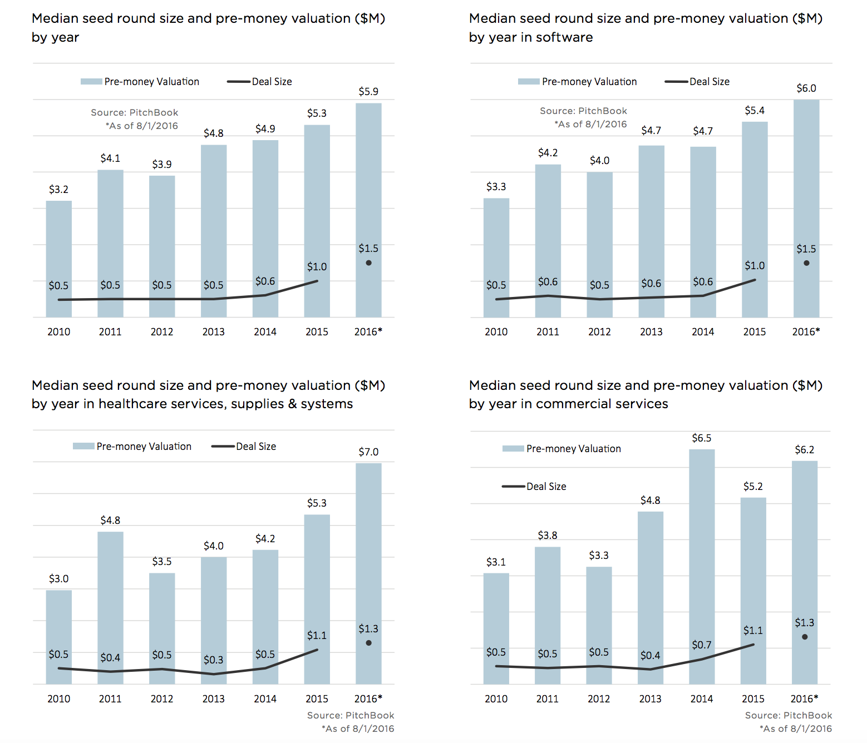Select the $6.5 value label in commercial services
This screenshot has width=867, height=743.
(701, 438)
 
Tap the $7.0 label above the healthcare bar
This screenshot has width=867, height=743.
(368, 452)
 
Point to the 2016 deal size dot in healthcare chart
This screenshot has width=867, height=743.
(368, 643)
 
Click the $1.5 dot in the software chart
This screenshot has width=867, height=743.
(806, 263)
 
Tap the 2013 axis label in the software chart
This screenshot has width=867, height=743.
(651, 332)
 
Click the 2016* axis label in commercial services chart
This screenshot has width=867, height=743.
(804, 699)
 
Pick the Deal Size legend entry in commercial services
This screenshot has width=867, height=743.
(546, 487)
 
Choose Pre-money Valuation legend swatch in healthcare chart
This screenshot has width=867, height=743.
(83, 446)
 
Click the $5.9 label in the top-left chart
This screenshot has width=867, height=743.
(368, 92)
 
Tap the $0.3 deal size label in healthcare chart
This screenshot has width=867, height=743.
(213, 660)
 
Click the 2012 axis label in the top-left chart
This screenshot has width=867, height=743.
(162, 332)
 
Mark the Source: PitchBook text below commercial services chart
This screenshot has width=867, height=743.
(788, 716)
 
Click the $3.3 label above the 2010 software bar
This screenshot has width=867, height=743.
(496, 187)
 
